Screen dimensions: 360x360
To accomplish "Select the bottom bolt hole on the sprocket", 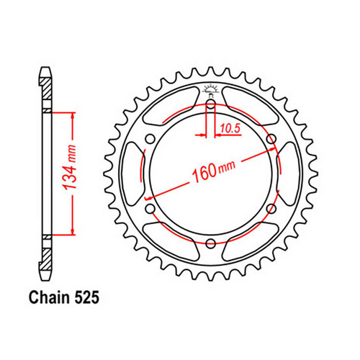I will point(210,244).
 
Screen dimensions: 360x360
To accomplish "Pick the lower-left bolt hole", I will point(150,209).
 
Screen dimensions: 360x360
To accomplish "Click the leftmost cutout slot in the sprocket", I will point(135,174).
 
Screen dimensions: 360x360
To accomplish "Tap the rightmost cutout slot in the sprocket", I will point(286,174).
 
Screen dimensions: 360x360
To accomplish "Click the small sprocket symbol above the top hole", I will point(210,90).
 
